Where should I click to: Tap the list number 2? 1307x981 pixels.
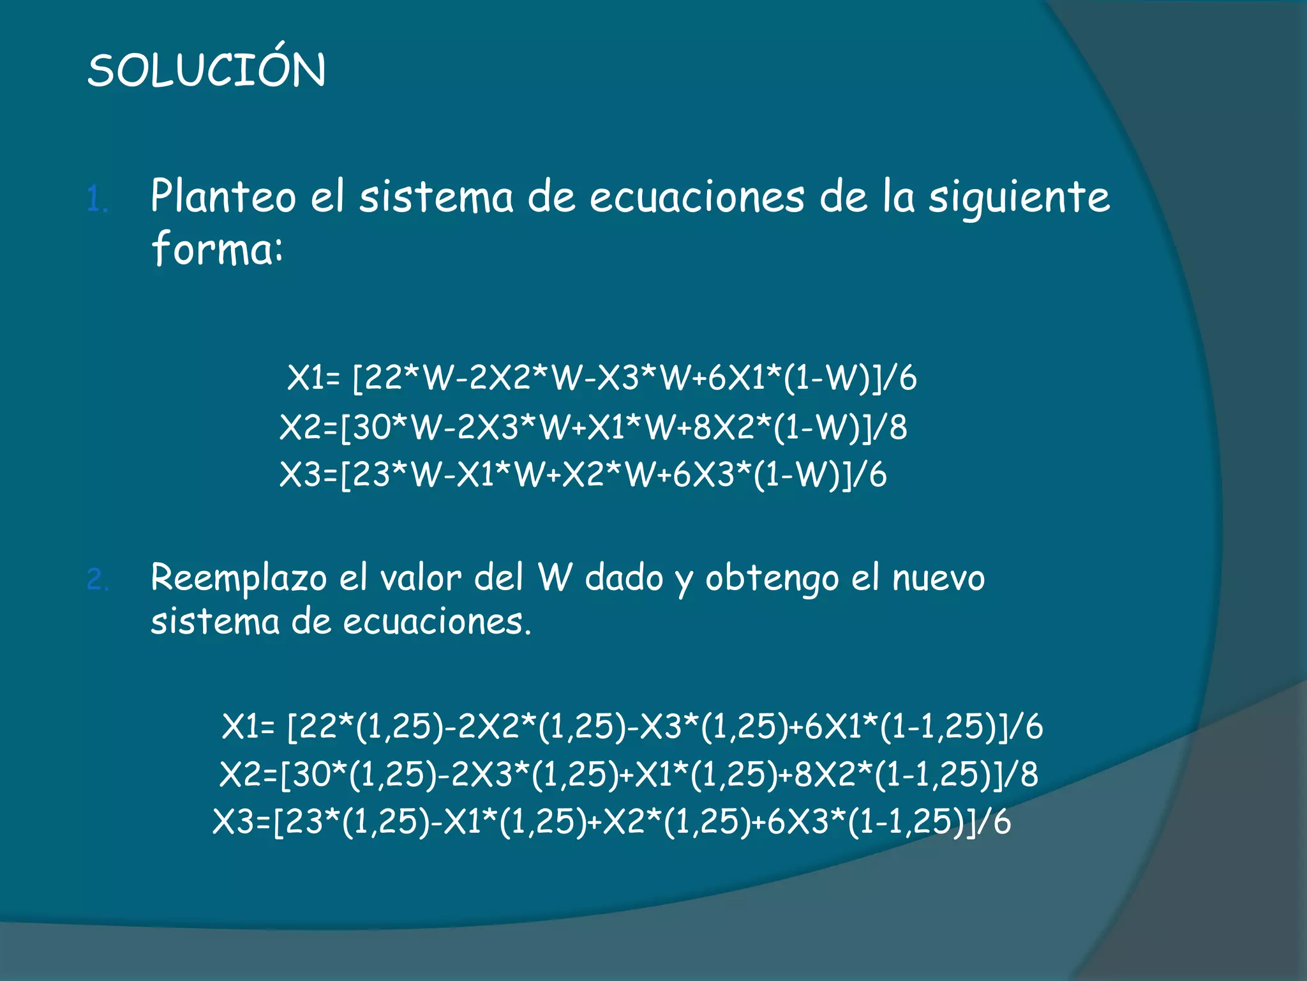(x=98, y=580)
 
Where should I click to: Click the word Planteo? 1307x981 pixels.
(x=223, y=196)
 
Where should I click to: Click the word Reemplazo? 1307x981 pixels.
(x=238, y=579)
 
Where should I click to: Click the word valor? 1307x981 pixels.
(x=421, y=579)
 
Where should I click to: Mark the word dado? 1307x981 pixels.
(x=624, y=577)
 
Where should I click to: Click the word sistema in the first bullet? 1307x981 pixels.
(x=436, y=197)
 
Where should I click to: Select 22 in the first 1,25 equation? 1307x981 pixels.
(x=317, y=727)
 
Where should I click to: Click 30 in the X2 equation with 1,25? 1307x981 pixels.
(x=311, y=774)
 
